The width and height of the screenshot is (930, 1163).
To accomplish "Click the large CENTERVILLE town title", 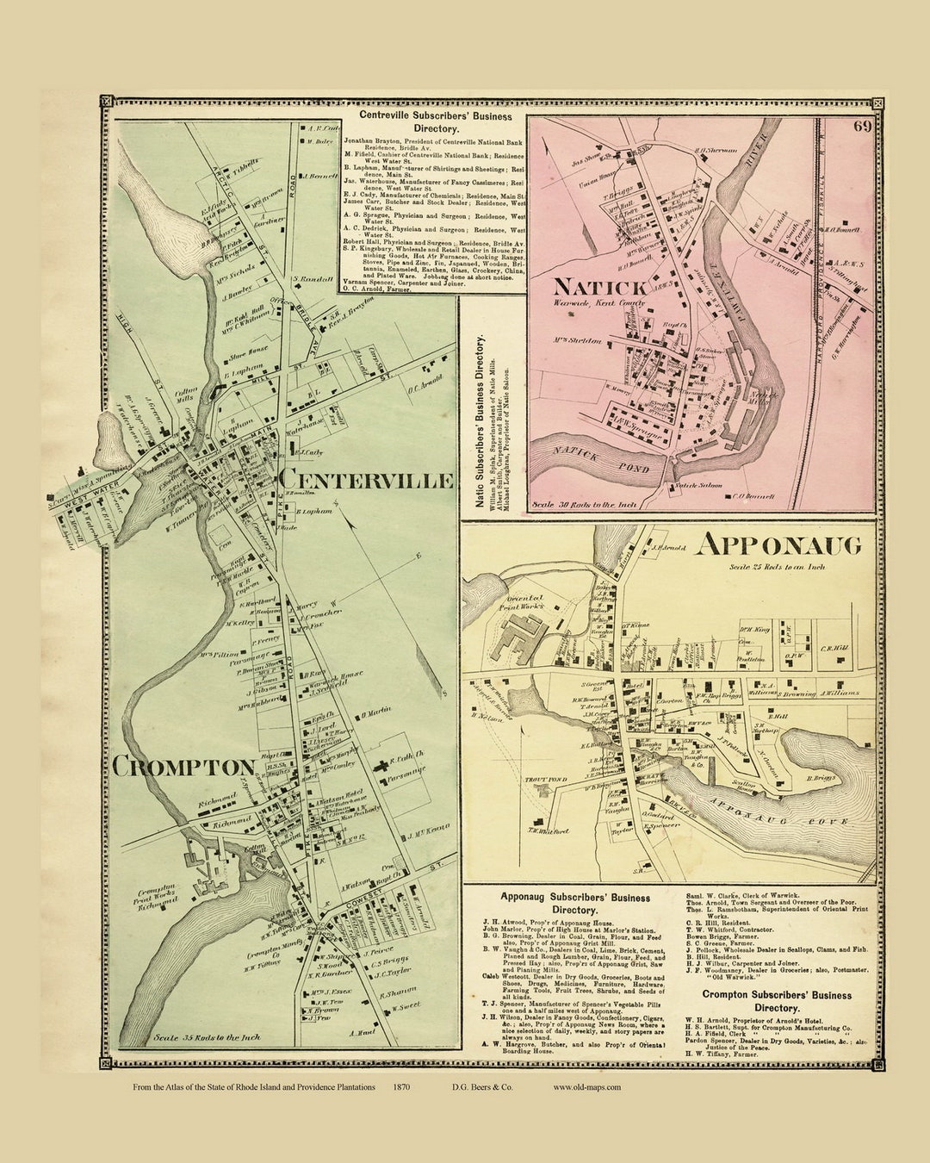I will point(367,480).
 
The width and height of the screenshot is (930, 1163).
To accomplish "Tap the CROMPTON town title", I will point(208,767).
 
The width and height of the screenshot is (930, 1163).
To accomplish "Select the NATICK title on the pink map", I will point(588,286).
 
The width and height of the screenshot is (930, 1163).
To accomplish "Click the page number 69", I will point(862,127).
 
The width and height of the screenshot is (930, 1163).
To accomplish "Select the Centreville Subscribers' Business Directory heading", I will point(435,121).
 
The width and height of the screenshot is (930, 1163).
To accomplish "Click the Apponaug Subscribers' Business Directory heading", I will point(575,903).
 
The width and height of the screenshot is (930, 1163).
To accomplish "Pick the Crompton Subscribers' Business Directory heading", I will point(777,1001).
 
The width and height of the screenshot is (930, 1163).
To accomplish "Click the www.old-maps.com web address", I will point(586,1087).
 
